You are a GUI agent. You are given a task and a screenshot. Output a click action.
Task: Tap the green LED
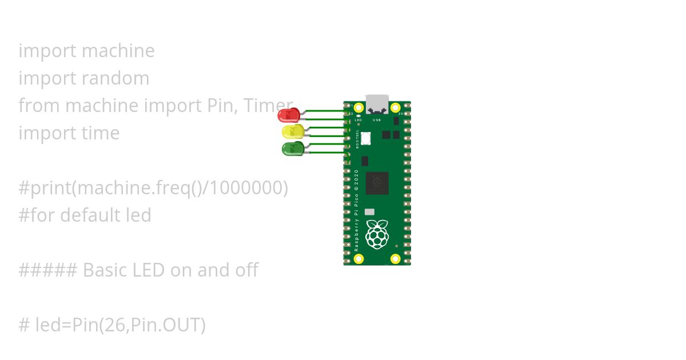click(x=293, y=149)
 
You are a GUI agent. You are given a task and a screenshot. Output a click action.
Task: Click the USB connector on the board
click(x=377, y=104)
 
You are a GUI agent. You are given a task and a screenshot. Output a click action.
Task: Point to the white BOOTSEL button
click(x=366, y=138)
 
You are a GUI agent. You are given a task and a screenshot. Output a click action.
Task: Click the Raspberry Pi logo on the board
click(x=377, y=234)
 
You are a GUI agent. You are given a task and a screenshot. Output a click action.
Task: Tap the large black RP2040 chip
click(x=377, y=183)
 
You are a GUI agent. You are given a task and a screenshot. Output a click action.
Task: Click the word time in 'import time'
click(x=101, y=133)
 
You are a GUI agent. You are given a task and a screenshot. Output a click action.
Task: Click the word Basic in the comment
click(x=105, y=270)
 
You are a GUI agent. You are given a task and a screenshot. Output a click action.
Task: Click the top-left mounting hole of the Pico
click(x=359, y=107)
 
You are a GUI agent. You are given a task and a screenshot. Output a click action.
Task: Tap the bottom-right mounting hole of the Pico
click(x=395, y=259)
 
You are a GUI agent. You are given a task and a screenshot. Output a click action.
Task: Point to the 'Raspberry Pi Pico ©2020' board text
click(x=357, y=210)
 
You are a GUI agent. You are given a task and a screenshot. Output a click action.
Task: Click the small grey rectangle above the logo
click(x=369, y=212)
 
